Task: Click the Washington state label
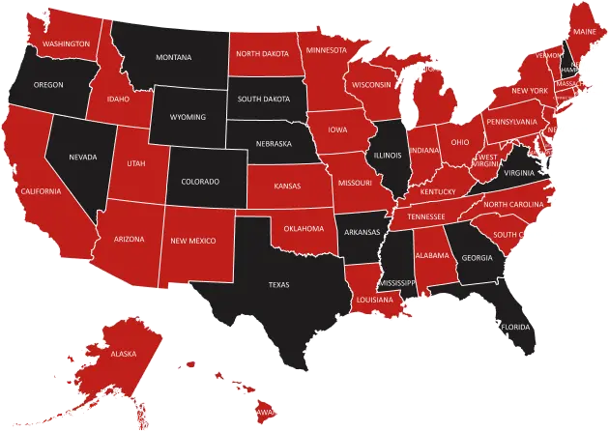coord(67,44)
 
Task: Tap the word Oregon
coord(48,85)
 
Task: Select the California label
coord(41,191)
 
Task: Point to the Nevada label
coord(83,156)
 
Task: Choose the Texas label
coord(278,284)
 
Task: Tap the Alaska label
coord(125,354)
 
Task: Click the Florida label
coord(514,327)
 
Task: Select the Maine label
coord(585,32)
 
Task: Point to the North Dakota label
coord(263,54)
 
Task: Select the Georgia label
coord(477,258)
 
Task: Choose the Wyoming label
coord(188,117)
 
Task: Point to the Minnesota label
coord(327,49)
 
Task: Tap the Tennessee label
coord(425,216)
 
